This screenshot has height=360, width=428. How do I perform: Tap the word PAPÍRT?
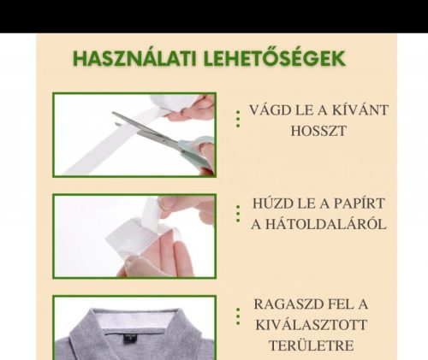tap(359, 204)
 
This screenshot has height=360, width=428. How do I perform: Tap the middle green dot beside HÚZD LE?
tap(238, 214)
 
